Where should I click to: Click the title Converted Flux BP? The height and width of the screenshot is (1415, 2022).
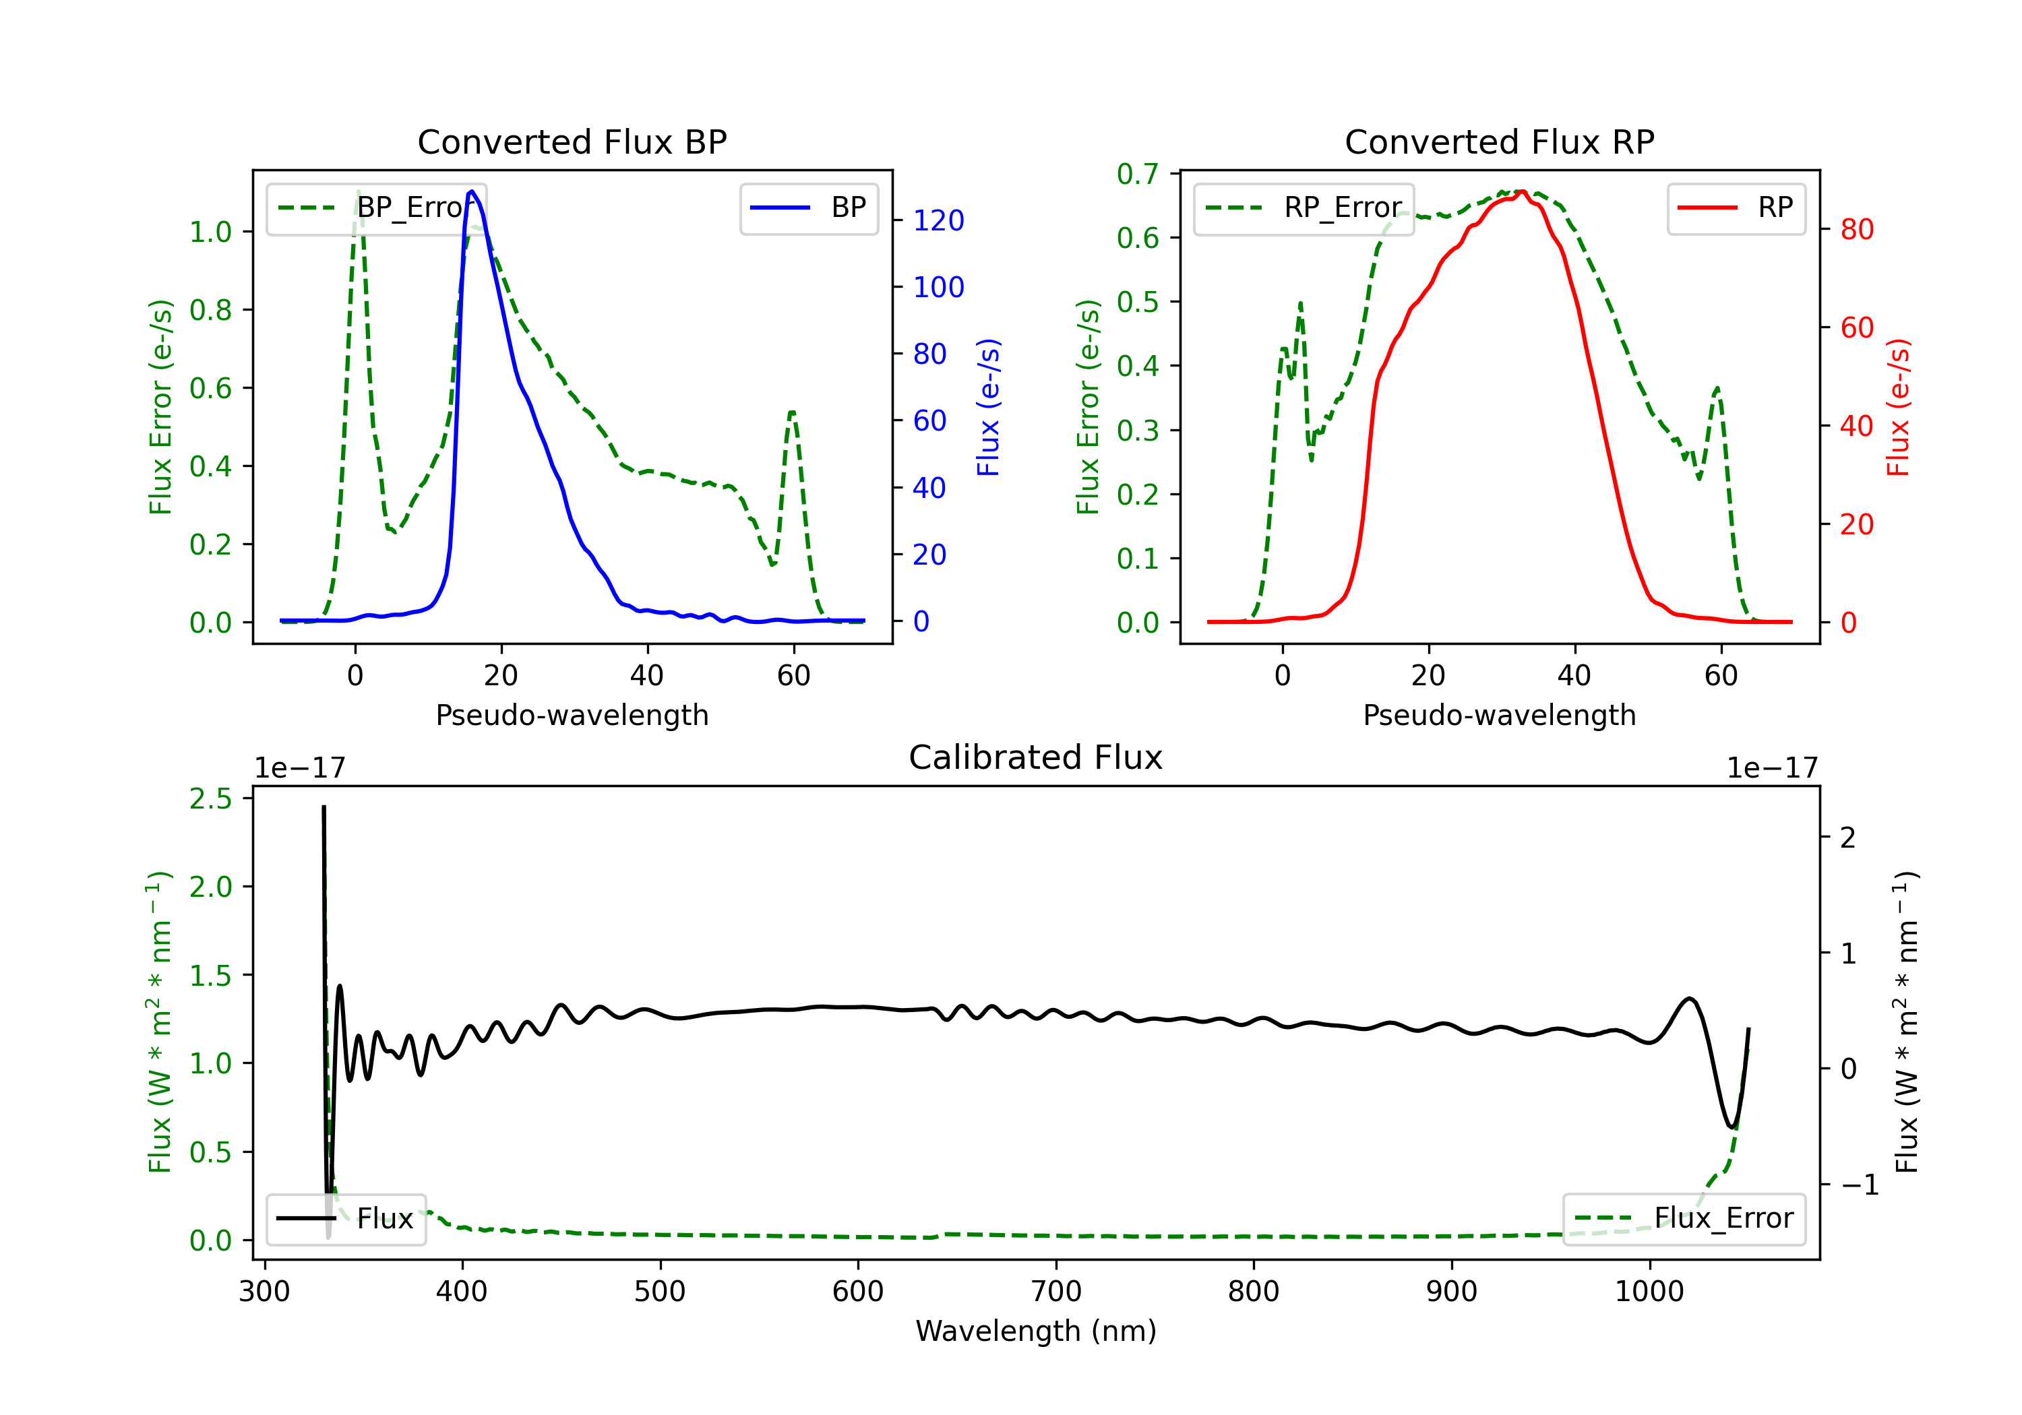572,141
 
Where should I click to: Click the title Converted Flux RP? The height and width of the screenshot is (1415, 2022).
1499,141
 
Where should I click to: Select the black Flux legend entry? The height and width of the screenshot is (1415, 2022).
345,1219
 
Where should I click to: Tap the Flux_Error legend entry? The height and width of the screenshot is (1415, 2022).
1683,1219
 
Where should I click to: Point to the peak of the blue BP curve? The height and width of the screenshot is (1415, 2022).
472,191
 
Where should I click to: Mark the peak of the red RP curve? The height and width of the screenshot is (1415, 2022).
1522,192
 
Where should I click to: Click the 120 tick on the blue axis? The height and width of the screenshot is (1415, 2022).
938,220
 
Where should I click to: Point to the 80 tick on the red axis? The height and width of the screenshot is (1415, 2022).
1856,230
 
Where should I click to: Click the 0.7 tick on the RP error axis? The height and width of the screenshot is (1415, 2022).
1137,175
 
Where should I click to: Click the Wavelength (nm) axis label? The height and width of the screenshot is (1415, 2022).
1036,1331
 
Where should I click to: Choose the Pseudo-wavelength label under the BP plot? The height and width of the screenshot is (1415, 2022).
572,715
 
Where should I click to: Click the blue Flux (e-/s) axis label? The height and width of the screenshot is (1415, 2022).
988,407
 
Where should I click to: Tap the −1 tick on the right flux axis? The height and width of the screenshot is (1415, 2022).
1859,1185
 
